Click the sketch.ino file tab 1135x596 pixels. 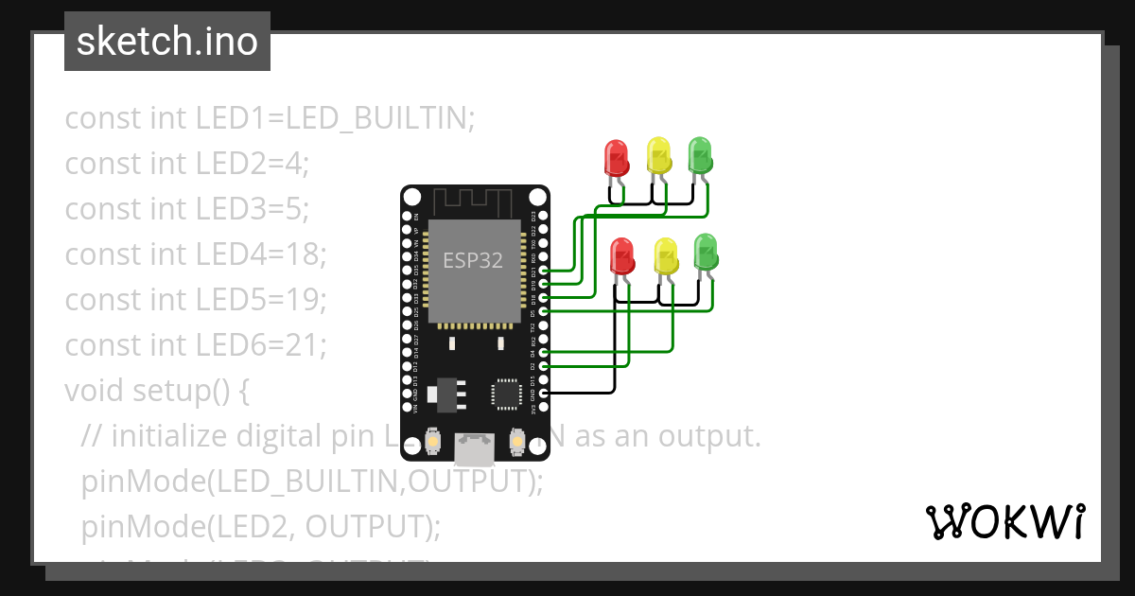point(167,42)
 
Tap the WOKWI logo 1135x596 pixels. point(1004,521)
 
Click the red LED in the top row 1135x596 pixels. point(616,157)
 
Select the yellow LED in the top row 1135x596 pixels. point(658,155)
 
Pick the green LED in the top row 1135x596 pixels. point(700,154)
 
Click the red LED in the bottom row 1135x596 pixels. point(622,255)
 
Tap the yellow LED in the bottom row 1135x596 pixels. point(666,255)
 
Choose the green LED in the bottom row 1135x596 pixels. point(707,253)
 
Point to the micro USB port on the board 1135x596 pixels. point(474,449)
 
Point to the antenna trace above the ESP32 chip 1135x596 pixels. point(474,202)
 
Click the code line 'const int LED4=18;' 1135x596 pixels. point(196,254)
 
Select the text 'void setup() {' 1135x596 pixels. point(156,390)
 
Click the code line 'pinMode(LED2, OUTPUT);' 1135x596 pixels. point(261,526)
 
